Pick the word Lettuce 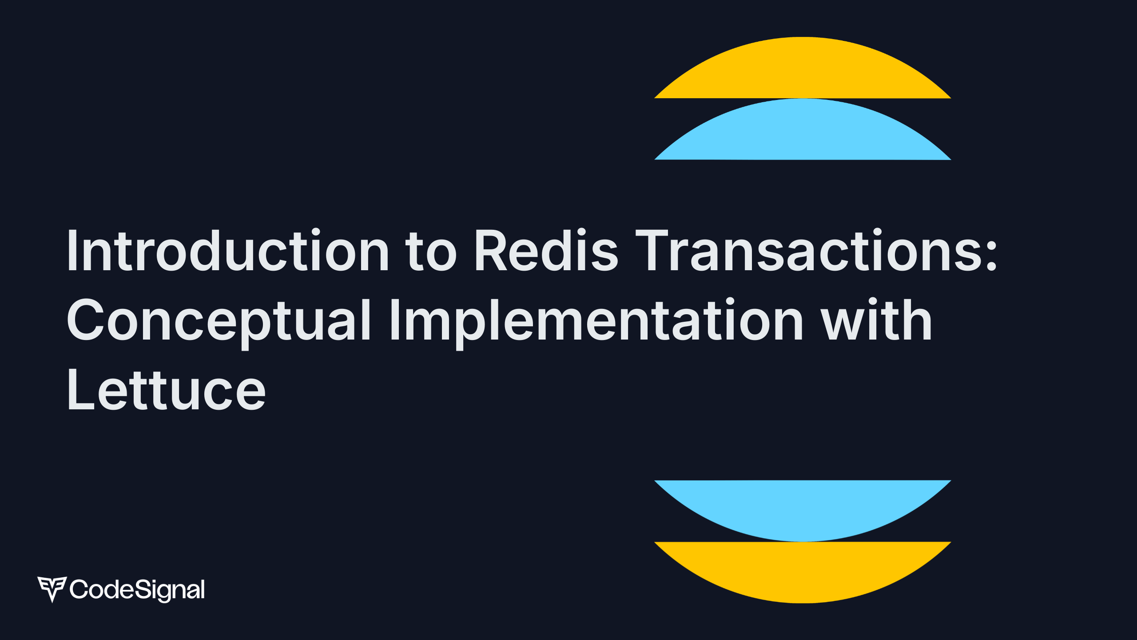click(x=166, y=391)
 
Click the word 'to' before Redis click(x=431, y=252)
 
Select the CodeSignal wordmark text click(x=137, y=590)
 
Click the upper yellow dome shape click(x=803, y=71)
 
